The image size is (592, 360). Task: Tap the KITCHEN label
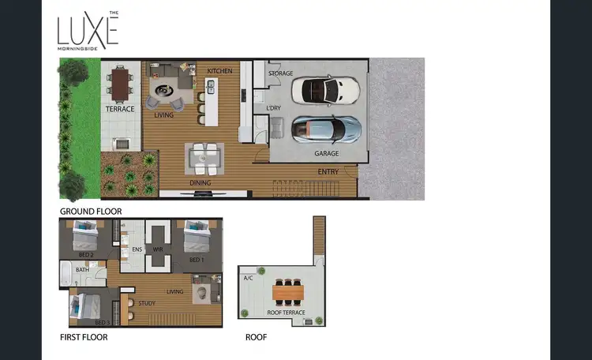point(219,72)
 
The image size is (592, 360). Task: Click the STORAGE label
point(280,73)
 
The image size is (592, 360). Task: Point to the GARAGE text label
point(327,153)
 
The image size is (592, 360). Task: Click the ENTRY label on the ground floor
point(328,172)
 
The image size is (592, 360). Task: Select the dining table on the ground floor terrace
point(121,85)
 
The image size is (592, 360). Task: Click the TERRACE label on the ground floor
point(121,109)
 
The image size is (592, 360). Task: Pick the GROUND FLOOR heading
point(91,212)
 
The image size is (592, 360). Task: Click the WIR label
point(158,249)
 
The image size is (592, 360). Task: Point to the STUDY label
point(146,302)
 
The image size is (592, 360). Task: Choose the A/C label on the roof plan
point(248,278)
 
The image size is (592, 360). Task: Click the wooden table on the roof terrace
point(288,293)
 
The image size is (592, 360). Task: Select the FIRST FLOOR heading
point(84,337)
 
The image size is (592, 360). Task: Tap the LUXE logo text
point(87,32)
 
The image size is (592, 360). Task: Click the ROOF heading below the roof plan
point(257,337)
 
